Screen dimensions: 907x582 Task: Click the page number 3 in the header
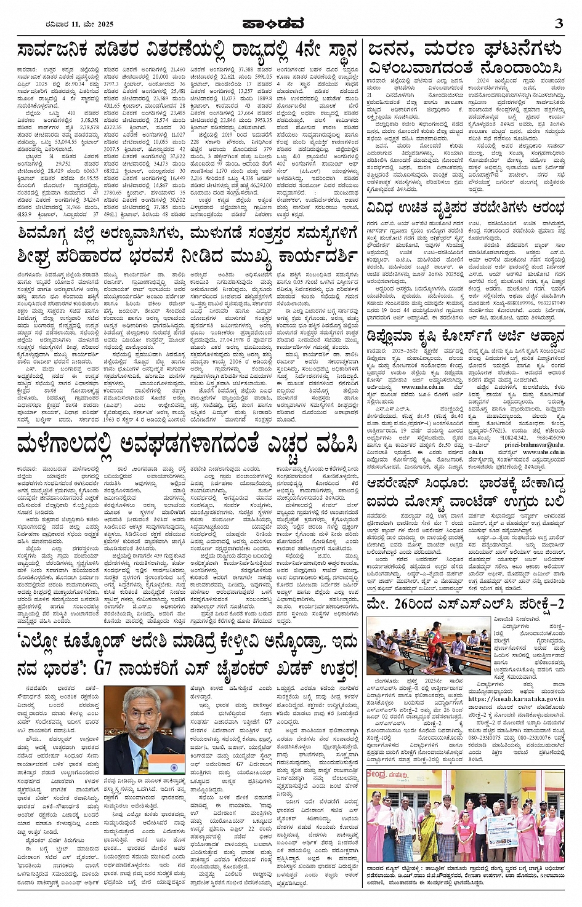click(x=558, y=23)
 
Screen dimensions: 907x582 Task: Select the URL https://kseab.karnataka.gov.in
click(x=516, y=698)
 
